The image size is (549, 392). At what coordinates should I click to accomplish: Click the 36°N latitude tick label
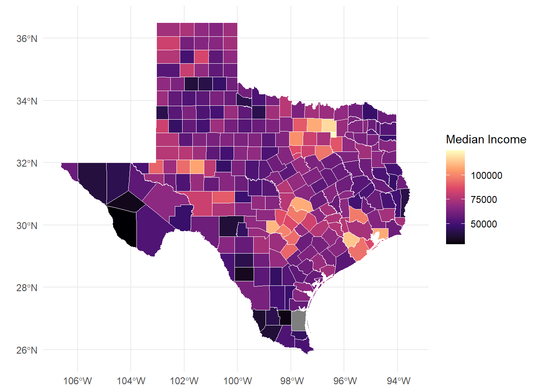click(27, 39)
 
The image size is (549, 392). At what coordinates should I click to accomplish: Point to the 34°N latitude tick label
click(27, 101)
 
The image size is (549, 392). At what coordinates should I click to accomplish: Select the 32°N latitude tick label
click(27, 163)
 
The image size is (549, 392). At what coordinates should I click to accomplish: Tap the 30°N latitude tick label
click(27, 225)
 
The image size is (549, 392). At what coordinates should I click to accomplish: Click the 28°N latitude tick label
click(27, 288)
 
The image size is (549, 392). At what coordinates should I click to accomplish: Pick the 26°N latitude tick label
click(27, 350)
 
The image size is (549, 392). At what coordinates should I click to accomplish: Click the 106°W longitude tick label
click(78, 381)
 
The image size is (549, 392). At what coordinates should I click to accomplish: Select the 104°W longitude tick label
click(131, 381)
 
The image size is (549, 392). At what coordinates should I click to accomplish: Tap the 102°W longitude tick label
click(184, 381)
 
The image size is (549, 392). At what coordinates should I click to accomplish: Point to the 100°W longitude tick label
click(238, 381)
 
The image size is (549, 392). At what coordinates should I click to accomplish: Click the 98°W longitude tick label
click(292, 381)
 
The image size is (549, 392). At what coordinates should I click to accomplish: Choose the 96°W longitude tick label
click(345, 381)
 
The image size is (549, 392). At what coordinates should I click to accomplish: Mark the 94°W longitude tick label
click(399, 381)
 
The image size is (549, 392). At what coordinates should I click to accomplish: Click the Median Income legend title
click(486, 139)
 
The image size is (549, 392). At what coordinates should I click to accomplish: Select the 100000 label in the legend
click(486, 176)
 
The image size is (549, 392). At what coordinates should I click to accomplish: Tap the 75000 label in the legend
click(484, 200)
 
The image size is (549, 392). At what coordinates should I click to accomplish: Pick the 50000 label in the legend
click(484, 224)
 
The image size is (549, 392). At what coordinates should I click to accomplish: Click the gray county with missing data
click(299, 321)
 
